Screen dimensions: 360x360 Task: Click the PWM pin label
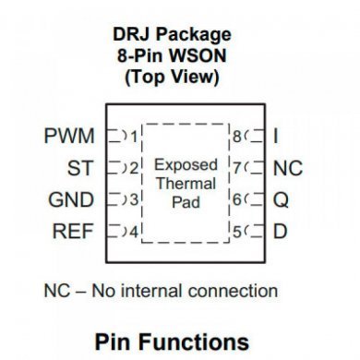(69, 138)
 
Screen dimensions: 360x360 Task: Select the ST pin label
(80, 169)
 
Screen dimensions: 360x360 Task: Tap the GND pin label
(71, 200)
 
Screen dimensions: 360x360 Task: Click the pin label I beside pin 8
(276, 138)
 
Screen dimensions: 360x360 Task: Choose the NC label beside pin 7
(288, 169)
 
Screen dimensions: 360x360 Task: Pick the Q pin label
(281, 200)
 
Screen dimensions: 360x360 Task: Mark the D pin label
(280, 232)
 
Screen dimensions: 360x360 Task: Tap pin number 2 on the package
(134, 169)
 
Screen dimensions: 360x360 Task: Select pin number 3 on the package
(134, 200)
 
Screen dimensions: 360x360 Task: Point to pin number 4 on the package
(134, 232)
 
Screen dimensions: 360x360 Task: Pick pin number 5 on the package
(237, 232)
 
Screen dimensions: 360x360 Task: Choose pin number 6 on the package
(237, 200)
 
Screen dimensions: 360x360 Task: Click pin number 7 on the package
(237, 169)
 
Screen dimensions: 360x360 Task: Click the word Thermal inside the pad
(185, 184)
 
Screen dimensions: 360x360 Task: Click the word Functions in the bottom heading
(207, 342)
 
